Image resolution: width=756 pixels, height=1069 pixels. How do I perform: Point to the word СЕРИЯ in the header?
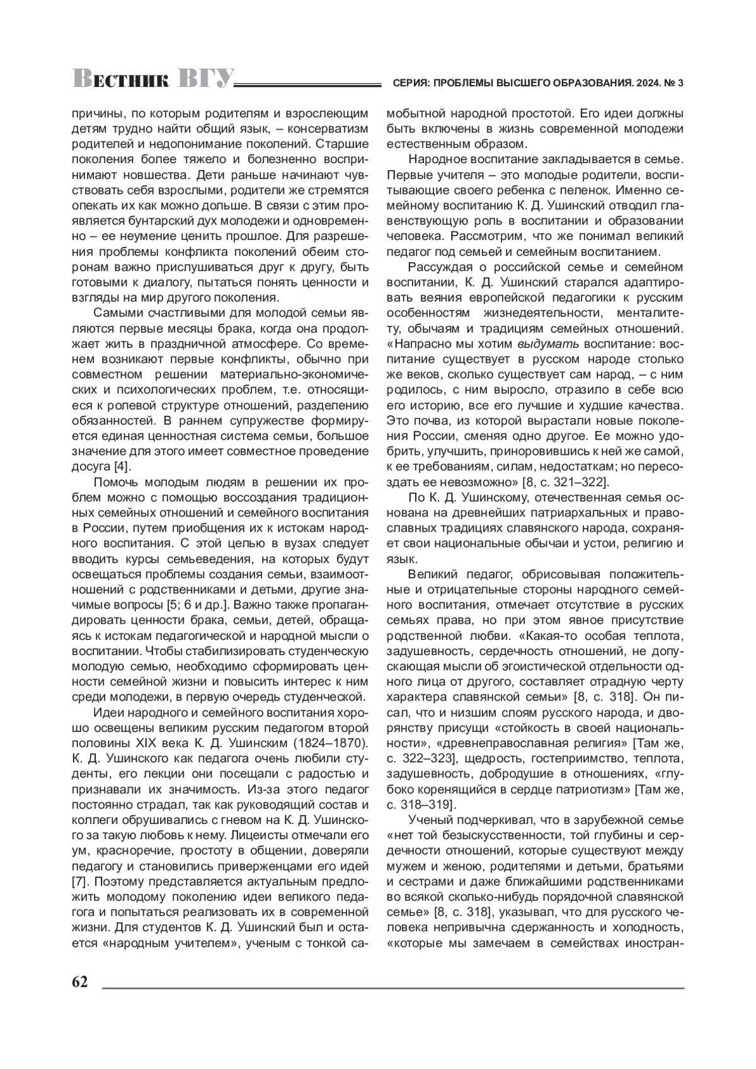pyautogui.click(x=410, y=83)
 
